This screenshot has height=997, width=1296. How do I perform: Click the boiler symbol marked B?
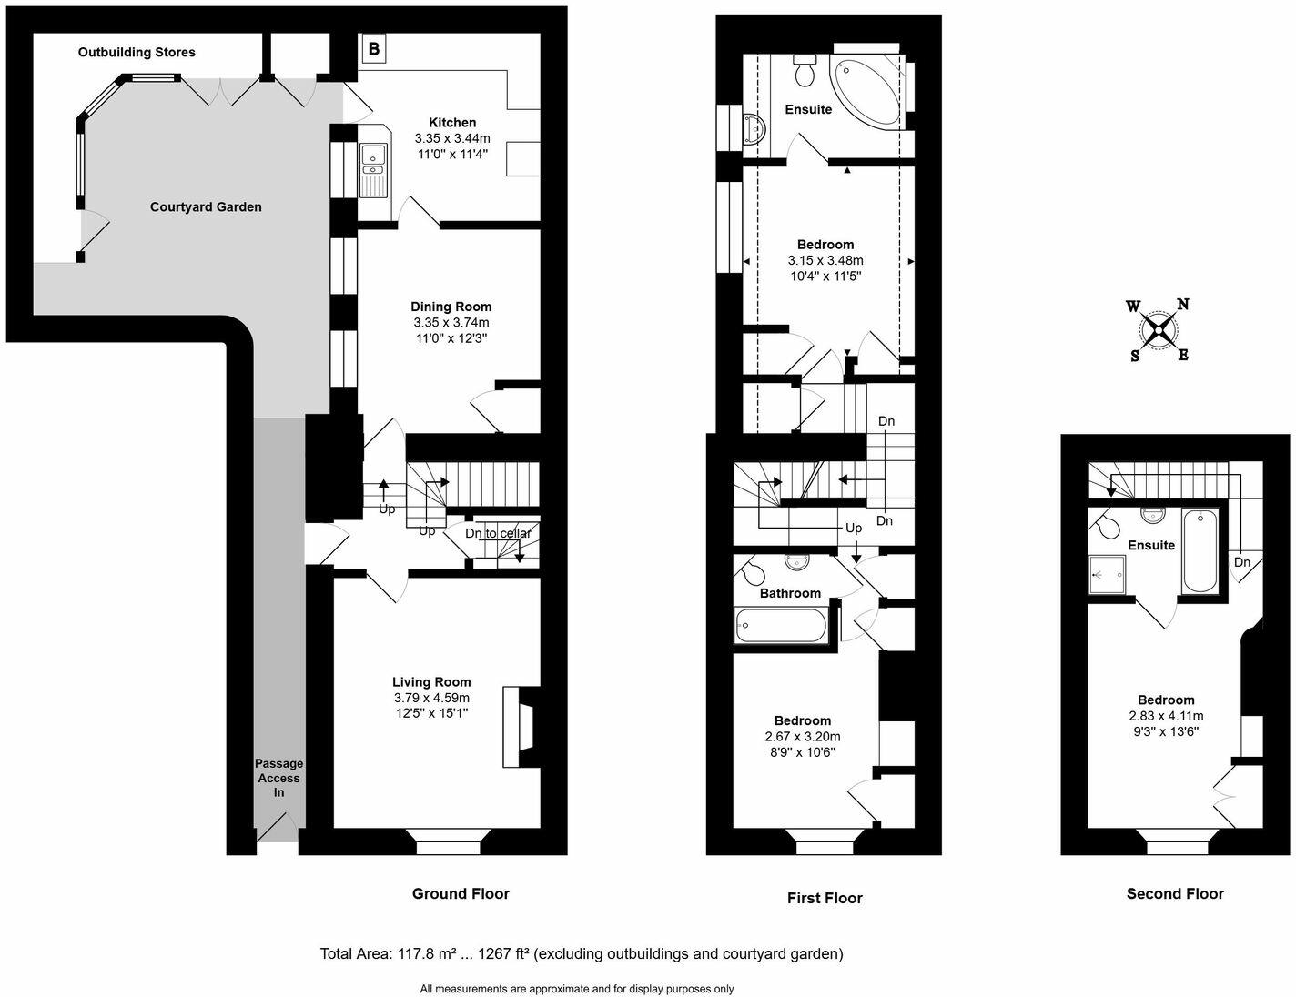tap(373, 48)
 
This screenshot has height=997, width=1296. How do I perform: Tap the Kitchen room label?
tap(452, 123)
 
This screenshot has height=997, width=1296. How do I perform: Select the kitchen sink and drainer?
tap(373, 171)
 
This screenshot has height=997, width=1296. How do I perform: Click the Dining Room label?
tap(451, 307)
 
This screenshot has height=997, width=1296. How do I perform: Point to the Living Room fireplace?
tap(521, 726)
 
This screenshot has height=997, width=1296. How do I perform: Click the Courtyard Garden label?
tap(206, 207)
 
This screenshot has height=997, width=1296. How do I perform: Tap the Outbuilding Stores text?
tap(137, 53)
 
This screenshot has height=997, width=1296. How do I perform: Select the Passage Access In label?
tap(278, 778)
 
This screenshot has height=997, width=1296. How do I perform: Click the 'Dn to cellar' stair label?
tap(498, 533)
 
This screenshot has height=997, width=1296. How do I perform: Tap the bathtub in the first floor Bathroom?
tap(781, 626)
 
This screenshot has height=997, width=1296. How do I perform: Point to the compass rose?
tap(1159, 329)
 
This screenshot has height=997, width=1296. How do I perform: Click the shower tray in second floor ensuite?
tap(1109, 575)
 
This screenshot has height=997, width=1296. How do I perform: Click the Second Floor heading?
tap(1175, 894)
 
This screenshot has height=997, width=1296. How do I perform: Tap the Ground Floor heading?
tap(461, 894)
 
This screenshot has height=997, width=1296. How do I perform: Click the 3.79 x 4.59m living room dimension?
tap(431, 698)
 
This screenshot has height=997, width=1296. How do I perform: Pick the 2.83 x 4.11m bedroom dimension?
tap(1165, 716)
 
